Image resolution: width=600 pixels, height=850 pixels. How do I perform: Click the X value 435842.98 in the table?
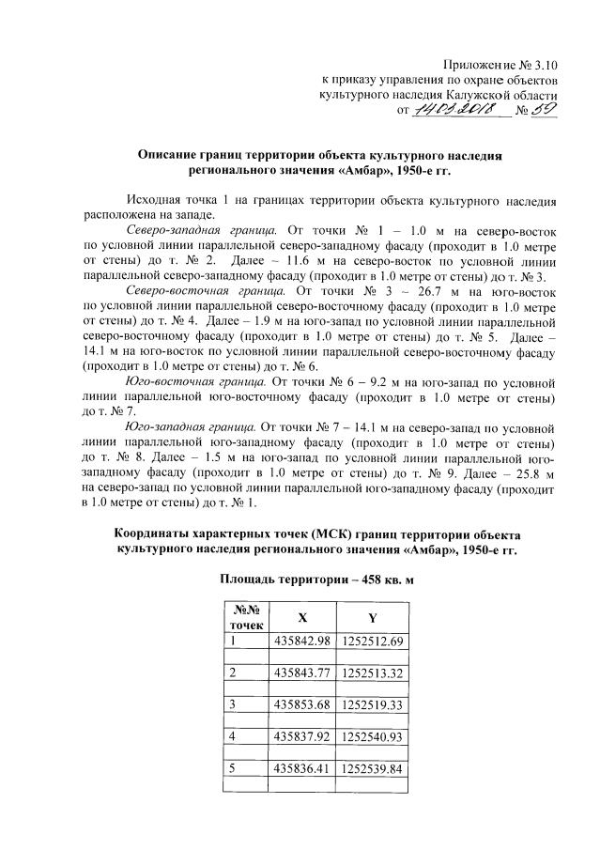300,641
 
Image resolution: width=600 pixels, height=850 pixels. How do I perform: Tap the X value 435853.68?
300,704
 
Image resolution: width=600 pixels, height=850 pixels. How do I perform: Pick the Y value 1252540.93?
372,735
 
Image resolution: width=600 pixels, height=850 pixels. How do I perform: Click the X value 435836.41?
300,767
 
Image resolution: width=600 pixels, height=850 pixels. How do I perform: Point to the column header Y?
372,618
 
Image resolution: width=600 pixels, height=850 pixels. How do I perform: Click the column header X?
300,618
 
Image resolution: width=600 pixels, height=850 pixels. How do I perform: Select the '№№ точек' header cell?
243,616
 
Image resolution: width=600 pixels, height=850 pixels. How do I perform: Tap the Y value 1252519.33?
372,704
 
